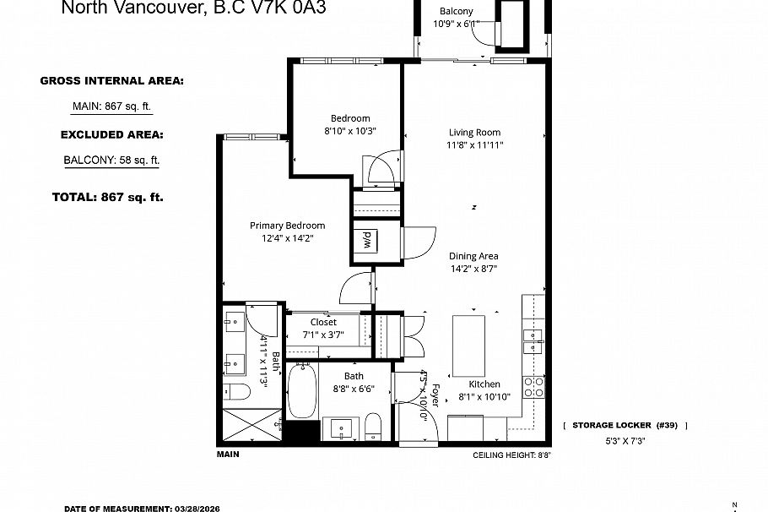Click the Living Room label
[473, 133]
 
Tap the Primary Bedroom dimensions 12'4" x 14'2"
[287, 238]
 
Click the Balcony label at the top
[456, 12]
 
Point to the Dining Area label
[473, 256]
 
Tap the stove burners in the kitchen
[534, 387]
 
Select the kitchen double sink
[533, 340]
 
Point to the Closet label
[323, 322]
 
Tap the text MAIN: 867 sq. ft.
[111, 106]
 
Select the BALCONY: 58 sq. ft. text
[111, 160]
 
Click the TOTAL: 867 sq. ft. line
[108, 197]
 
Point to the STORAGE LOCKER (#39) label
[625, 426]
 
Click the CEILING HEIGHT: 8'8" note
[511, 455]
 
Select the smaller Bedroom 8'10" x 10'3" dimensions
[349, 131]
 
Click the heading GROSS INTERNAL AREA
[111, 81]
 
